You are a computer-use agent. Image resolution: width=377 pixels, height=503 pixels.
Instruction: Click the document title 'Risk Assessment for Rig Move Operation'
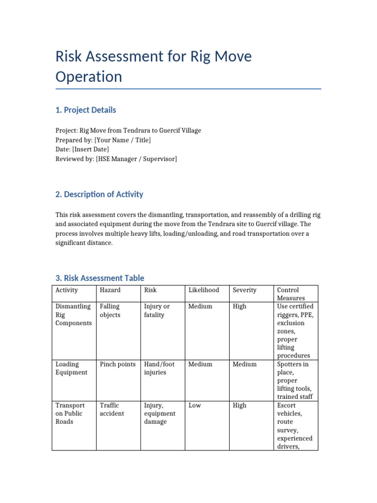(x=153, y=66)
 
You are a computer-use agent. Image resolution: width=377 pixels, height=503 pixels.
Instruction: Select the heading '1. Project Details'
(x=86, y=110)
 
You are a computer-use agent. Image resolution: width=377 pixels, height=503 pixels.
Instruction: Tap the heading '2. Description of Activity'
(x=99, y=194)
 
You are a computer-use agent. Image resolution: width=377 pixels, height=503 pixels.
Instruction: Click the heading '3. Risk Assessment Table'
(x=100, y=278)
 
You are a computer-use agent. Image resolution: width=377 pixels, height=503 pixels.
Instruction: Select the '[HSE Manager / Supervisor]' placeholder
(x=136, y=159)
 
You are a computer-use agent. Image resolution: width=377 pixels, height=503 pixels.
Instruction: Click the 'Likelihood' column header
(x=204, y=290)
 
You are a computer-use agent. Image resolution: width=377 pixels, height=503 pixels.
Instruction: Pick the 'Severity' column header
(x=244, y=290)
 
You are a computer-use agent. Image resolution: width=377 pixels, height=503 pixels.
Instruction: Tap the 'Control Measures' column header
(x=291, y=294)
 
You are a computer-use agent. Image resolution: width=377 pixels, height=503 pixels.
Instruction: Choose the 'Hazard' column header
(x=110, y=290)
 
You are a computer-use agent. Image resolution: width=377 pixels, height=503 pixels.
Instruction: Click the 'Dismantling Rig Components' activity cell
(x=73, y=315)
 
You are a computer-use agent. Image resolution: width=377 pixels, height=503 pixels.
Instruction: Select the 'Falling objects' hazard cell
(x=110, y=310)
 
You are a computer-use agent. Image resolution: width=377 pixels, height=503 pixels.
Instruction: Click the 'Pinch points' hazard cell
(x=118, y=364)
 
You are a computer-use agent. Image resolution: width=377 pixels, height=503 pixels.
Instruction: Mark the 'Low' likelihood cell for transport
(x=194, y=406)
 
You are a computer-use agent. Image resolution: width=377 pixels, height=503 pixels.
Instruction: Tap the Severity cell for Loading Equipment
(x=244, y=364)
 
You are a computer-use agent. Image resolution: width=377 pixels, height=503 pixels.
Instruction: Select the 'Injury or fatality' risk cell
(x=157, y=310)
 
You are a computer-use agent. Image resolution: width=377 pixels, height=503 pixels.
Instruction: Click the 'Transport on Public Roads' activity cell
(x=70, y=414)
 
